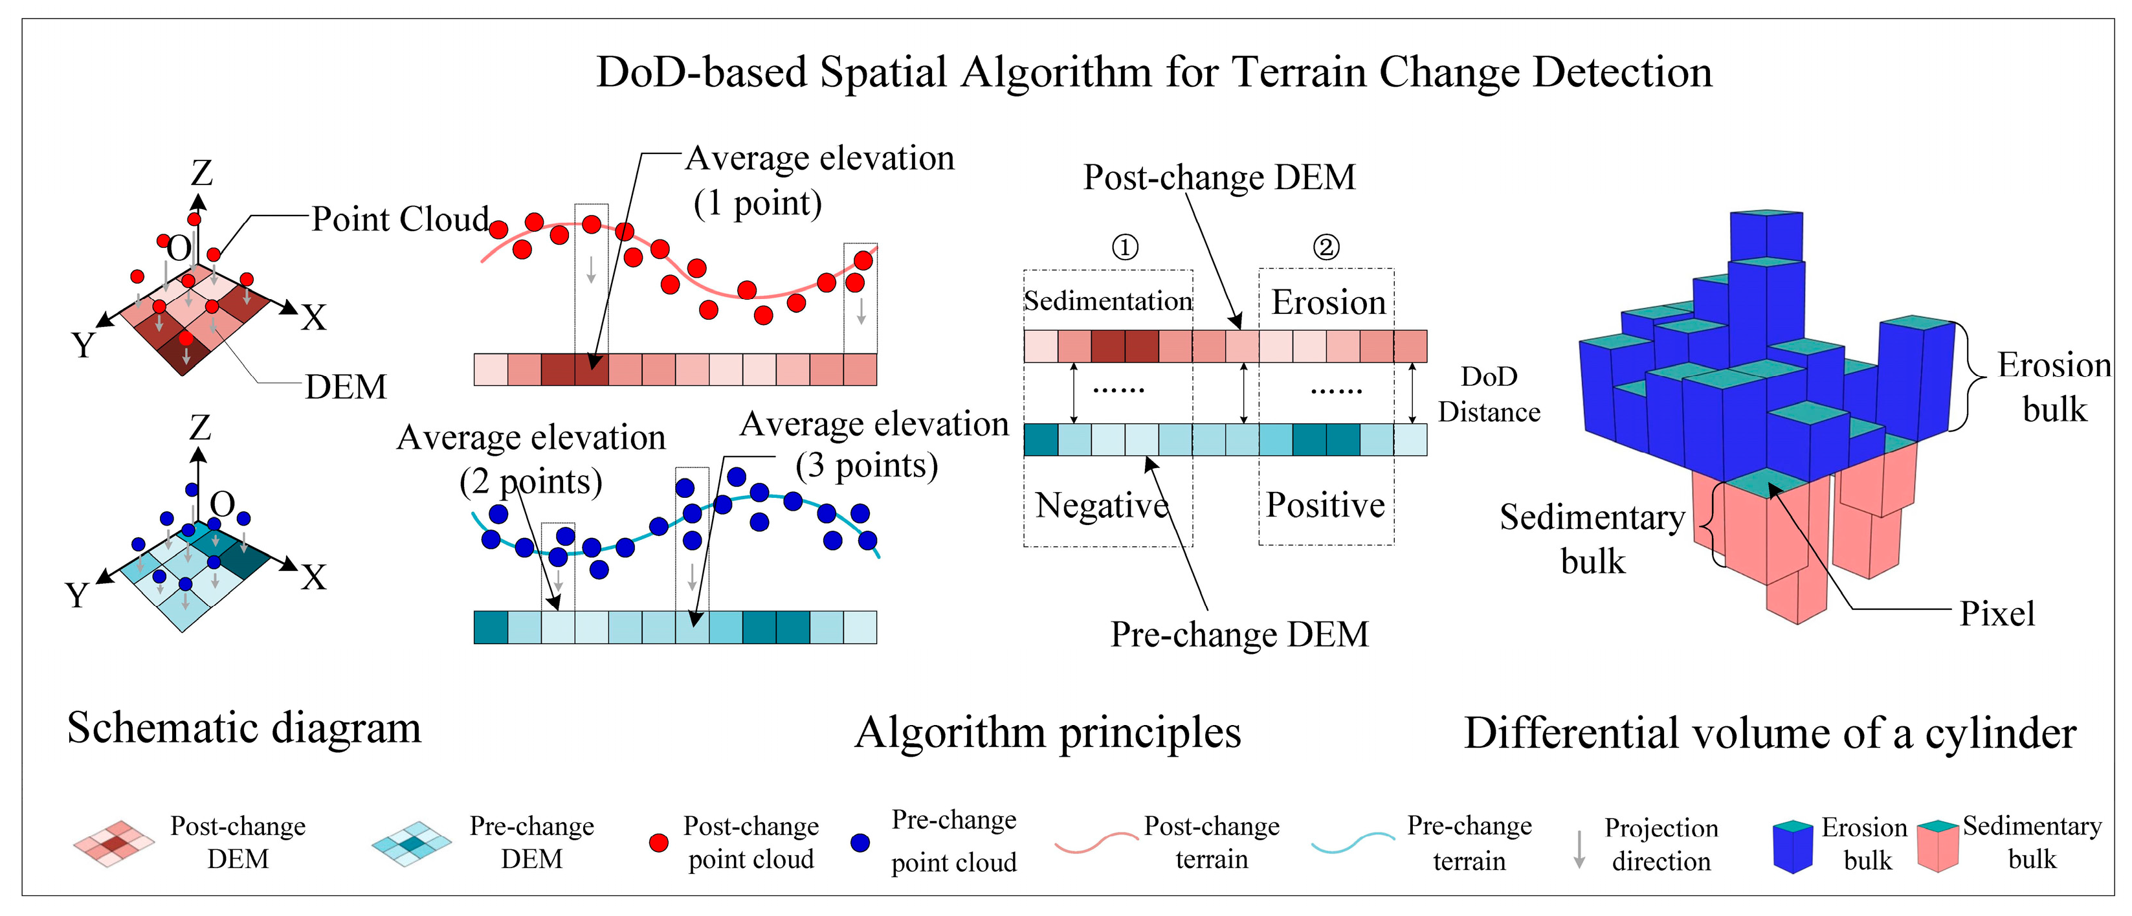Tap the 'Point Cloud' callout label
pyautogui.click(x=401, y=220)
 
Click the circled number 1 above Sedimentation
pyautogui.click(x=1125, y=247)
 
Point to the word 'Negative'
pyautogui.click(x=1102, y=505)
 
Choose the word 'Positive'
pyautogui.click(x=1325, y=505)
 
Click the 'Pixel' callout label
pyautogui.click(x=1996, y=614)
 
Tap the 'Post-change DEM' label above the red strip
pyautogui.click(x=1219, y=178)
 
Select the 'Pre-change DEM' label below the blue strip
pyautogui.click(x=1239, y=634)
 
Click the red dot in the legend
pyautogui.click(x=659, y=842)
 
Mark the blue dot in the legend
pyautogui.click(x=861, y=842)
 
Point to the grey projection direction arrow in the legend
pyautogui.click(x=1579, y=849)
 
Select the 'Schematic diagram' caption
pyautogui.click(x=244, y=729)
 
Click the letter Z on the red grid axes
pyautogui.click(x=202, y=173)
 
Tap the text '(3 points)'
pyautogui.click(x=867, y=466)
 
